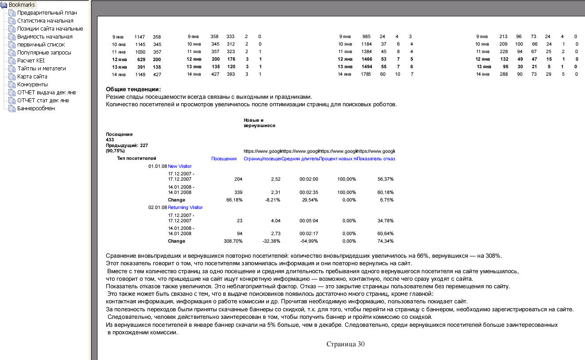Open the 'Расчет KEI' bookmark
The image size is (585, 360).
coord(31,61)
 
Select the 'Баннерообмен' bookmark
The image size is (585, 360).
coord(36,108)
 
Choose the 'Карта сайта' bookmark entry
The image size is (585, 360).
coord(32,77)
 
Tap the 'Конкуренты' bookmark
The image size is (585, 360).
coord(32,85)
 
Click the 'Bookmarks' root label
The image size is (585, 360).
coord(22,5)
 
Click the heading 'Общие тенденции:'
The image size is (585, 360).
coord(133,89)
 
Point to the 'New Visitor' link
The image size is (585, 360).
coord(179,166)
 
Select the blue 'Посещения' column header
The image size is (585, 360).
coord(224,159)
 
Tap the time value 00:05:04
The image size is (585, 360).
coord(309,221)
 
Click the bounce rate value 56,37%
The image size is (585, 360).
coord(385,179)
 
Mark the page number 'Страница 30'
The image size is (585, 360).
coord(345,344)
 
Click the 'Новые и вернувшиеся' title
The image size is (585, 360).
coord(259,123)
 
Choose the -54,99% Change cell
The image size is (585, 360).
coord(309,241)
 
